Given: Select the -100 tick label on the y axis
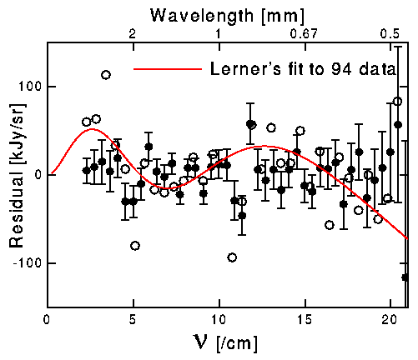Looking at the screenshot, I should [25, 262].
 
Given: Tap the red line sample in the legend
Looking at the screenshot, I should [167, 70].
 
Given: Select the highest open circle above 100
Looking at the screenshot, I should [106, 75].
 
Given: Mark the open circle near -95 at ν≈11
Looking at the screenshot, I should [232, 257].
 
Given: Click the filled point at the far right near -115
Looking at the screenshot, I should [405, 277].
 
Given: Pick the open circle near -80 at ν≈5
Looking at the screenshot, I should [135, 246].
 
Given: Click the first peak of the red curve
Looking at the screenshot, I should [92, 129].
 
